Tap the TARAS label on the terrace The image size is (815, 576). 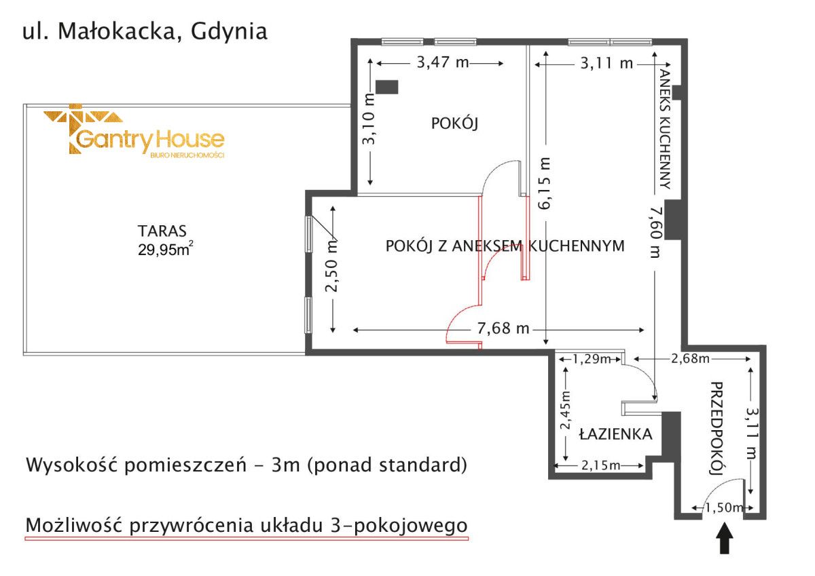(162, 229)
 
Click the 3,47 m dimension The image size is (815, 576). (442, 63)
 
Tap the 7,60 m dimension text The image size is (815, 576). (655, 232)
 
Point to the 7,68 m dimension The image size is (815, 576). (503, 329)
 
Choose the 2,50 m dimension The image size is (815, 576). (332, 267)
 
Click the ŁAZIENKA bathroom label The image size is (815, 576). (616, 434)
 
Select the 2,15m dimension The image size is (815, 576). (600, 465)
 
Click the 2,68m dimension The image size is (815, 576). (690, 358)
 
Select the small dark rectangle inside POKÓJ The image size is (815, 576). (387, 87)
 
